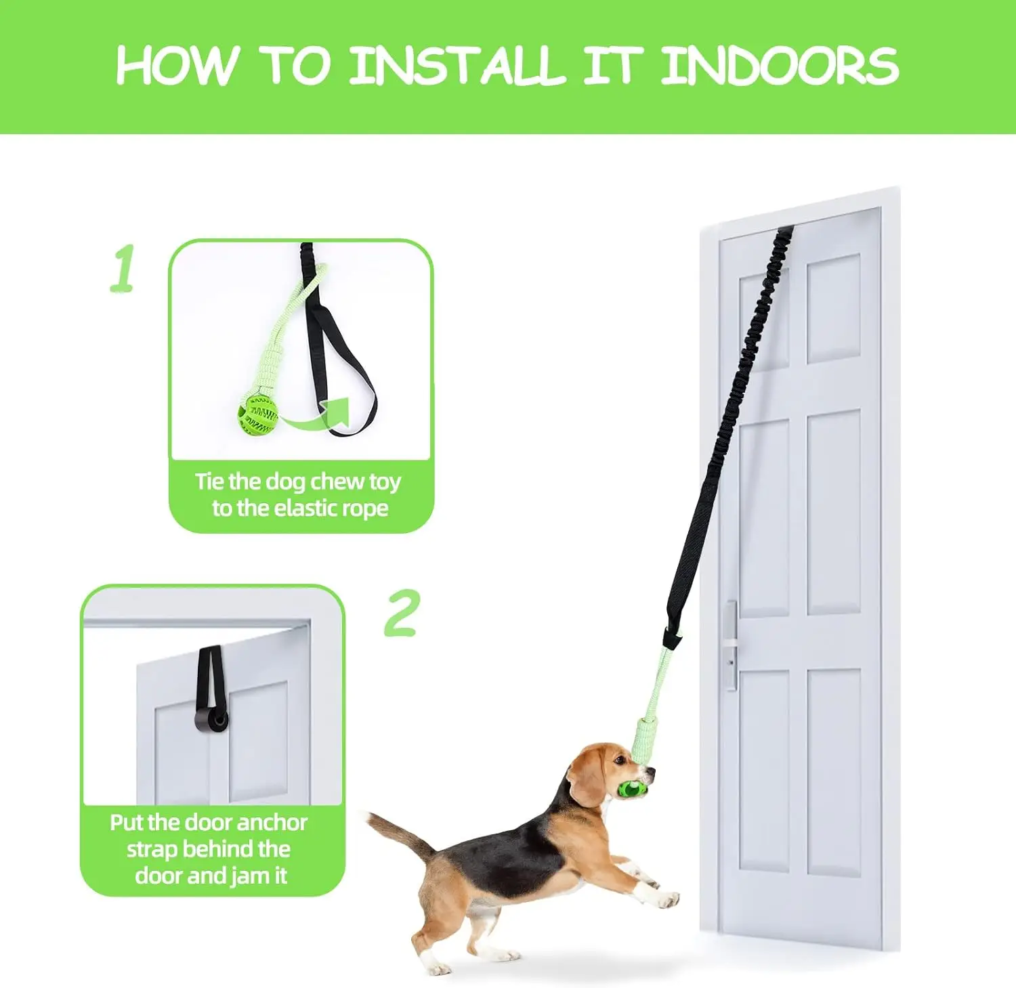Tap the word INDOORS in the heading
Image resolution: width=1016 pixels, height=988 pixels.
[x=780, y=66]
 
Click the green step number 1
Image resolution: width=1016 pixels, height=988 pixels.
[x=123, y=269]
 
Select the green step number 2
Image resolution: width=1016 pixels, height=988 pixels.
[x=402, y=614]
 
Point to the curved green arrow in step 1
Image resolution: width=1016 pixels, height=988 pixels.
[x=318, y=416]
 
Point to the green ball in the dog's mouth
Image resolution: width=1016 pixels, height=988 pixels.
[x=633, y=788]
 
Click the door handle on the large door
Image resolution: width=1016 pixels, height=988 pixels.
[x=731, y=643]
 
